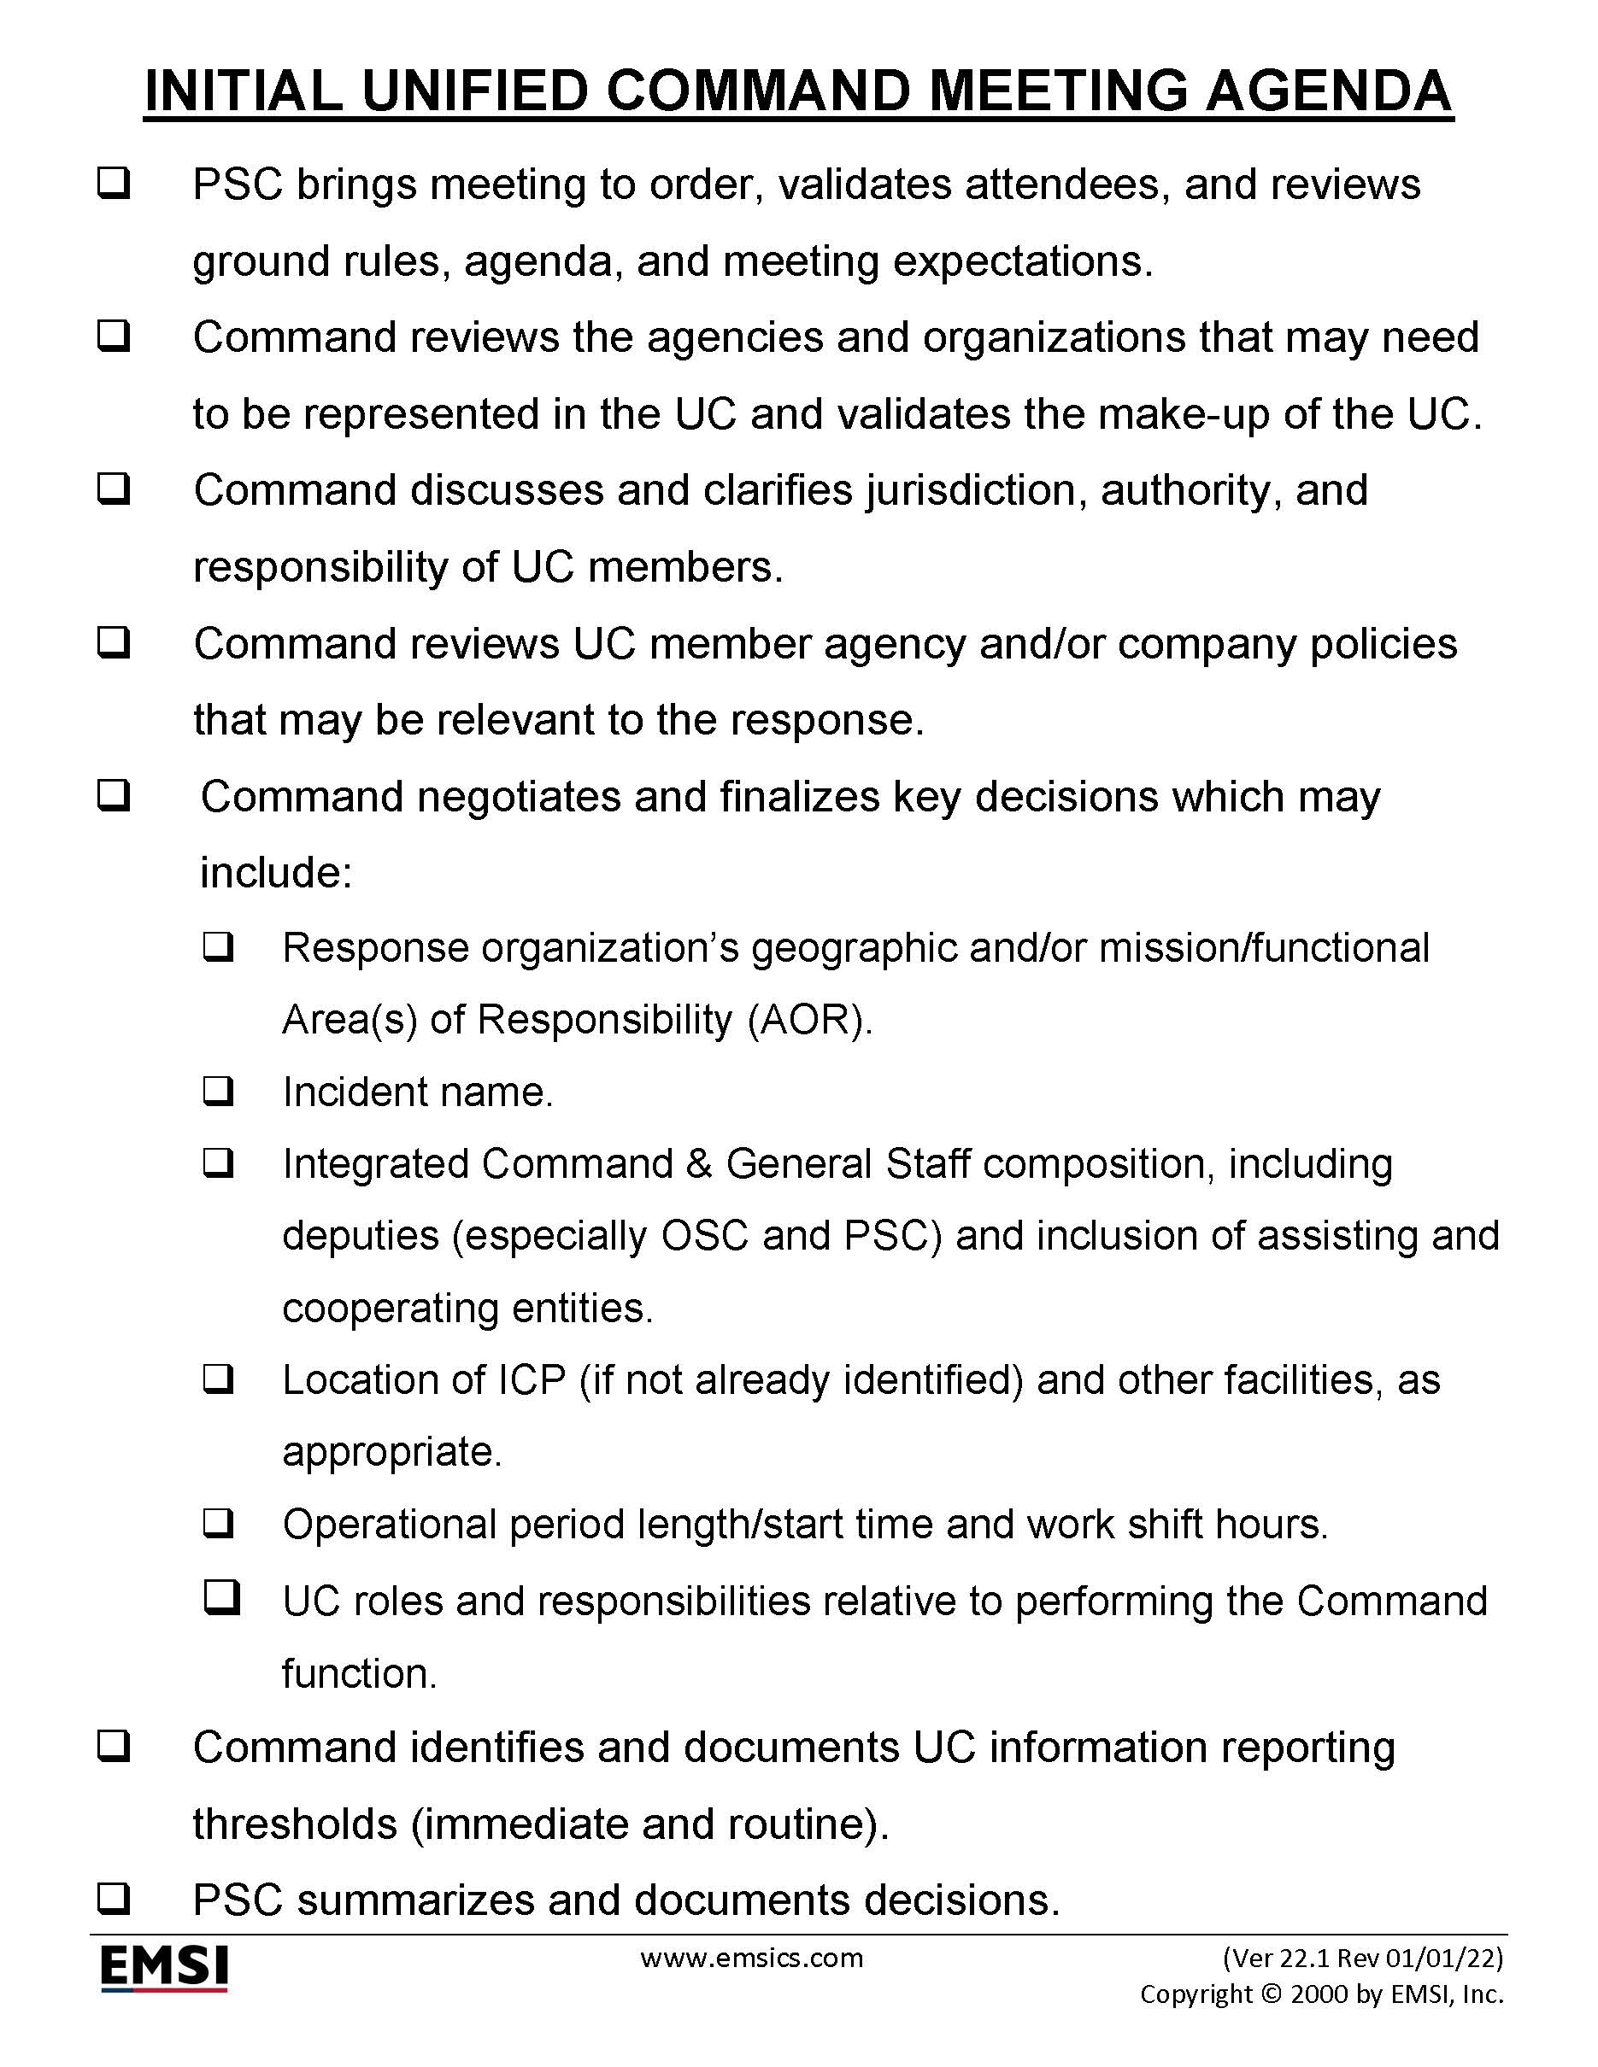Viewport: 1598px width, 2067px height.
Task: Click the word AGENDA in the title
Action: (x=1328, y=91)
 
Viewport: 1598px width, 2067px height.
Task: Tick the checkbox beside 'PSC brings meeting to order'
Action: (x=114, y=183)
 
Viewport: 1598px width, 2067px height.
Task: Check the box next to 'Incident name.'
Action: (x=218, y=1092)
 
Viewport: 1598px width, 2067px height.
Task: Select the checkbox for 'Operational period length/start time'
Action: (x=218, y=1524)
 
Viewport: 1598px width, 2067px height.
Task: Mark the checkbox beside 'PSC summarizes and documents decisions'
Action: (x=114, y=1900)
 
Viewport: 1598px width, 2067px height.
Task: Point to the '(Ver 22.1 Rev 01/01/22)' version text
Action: (x=1362, y=1957)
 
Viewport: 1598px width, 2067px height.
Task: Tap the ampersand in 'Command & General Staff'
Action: (x=699, y=1164)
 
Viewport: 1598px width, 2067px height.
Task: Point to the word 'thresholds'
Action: (x=295, y=1824)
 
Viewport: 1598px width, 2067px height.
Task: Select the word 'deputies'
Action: (x=361, y=1236)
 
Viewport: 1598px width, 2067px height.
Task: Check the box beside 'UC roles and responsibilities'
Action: (x=221, y=1597)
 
